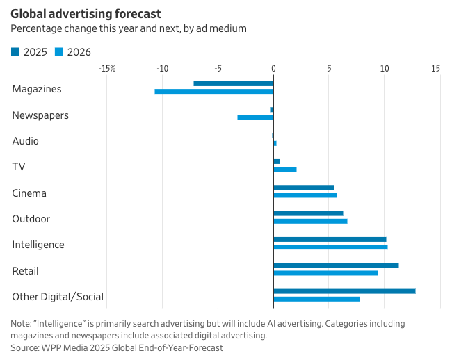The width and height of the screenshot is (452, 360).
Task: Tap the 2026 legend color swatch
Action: pyautogui.click(x=60, y=51)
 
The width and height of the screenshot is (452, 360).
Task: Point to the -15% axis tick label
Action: pyautogui.click(x=107, y=69)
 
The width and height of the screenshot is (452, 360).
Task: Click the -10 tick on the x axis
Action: pyautogui.click(x=163, y=69)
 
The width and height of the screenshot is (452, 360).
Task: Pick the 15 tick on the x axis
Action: pyautogui.click(x=435, y=69)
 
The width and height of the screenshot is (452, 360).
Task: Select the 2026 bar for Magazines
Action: pyautogui.click(x=214, y=91)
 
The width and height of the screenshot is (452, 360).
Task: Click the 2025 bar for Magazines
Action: pyautogui.click(x=234, y=83)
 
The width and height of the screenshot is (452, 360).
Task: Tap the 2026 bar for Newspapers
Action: pyautogui.click(x=255, y=117)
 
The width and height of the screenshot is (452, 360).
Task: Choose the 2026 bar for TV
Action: pyautogui.click(x=285, y=169)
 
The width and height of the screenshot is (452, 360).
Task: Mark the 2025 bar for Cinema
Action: pyautogui.click(x=304, y=187)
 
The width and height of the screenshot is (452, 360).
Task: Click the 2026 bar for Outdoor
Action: pyautogui.click(x=310, y=221)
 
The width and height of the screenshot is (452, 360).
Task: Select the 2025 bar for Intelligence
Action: pyautogui.click(x=330, y=239)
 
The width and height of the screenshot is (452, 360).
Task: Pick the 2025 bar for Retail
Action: pyautogui.click(x=336, y=265)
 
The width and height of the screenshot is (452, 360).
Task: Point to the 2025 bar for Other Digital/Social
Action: pyautogui.click(x=344, y=291)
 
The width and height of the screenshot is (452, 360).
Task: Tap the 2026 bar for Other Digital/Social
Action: pyautogui.click(x=316, y=299)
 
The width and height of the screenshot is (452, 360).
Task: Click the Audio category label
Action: pyautogui.click(x=26, y=141)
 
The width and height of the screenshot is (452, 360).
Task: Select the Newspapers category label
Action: pyautogui.click(x=40, y=115)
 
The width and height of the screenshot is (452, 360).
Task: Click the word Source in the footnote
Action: pyautogui.click(x=24, y=347)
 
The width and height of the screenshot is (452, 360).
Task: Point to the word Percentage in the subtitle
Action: pyautogui.click(x=34, y=28)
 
